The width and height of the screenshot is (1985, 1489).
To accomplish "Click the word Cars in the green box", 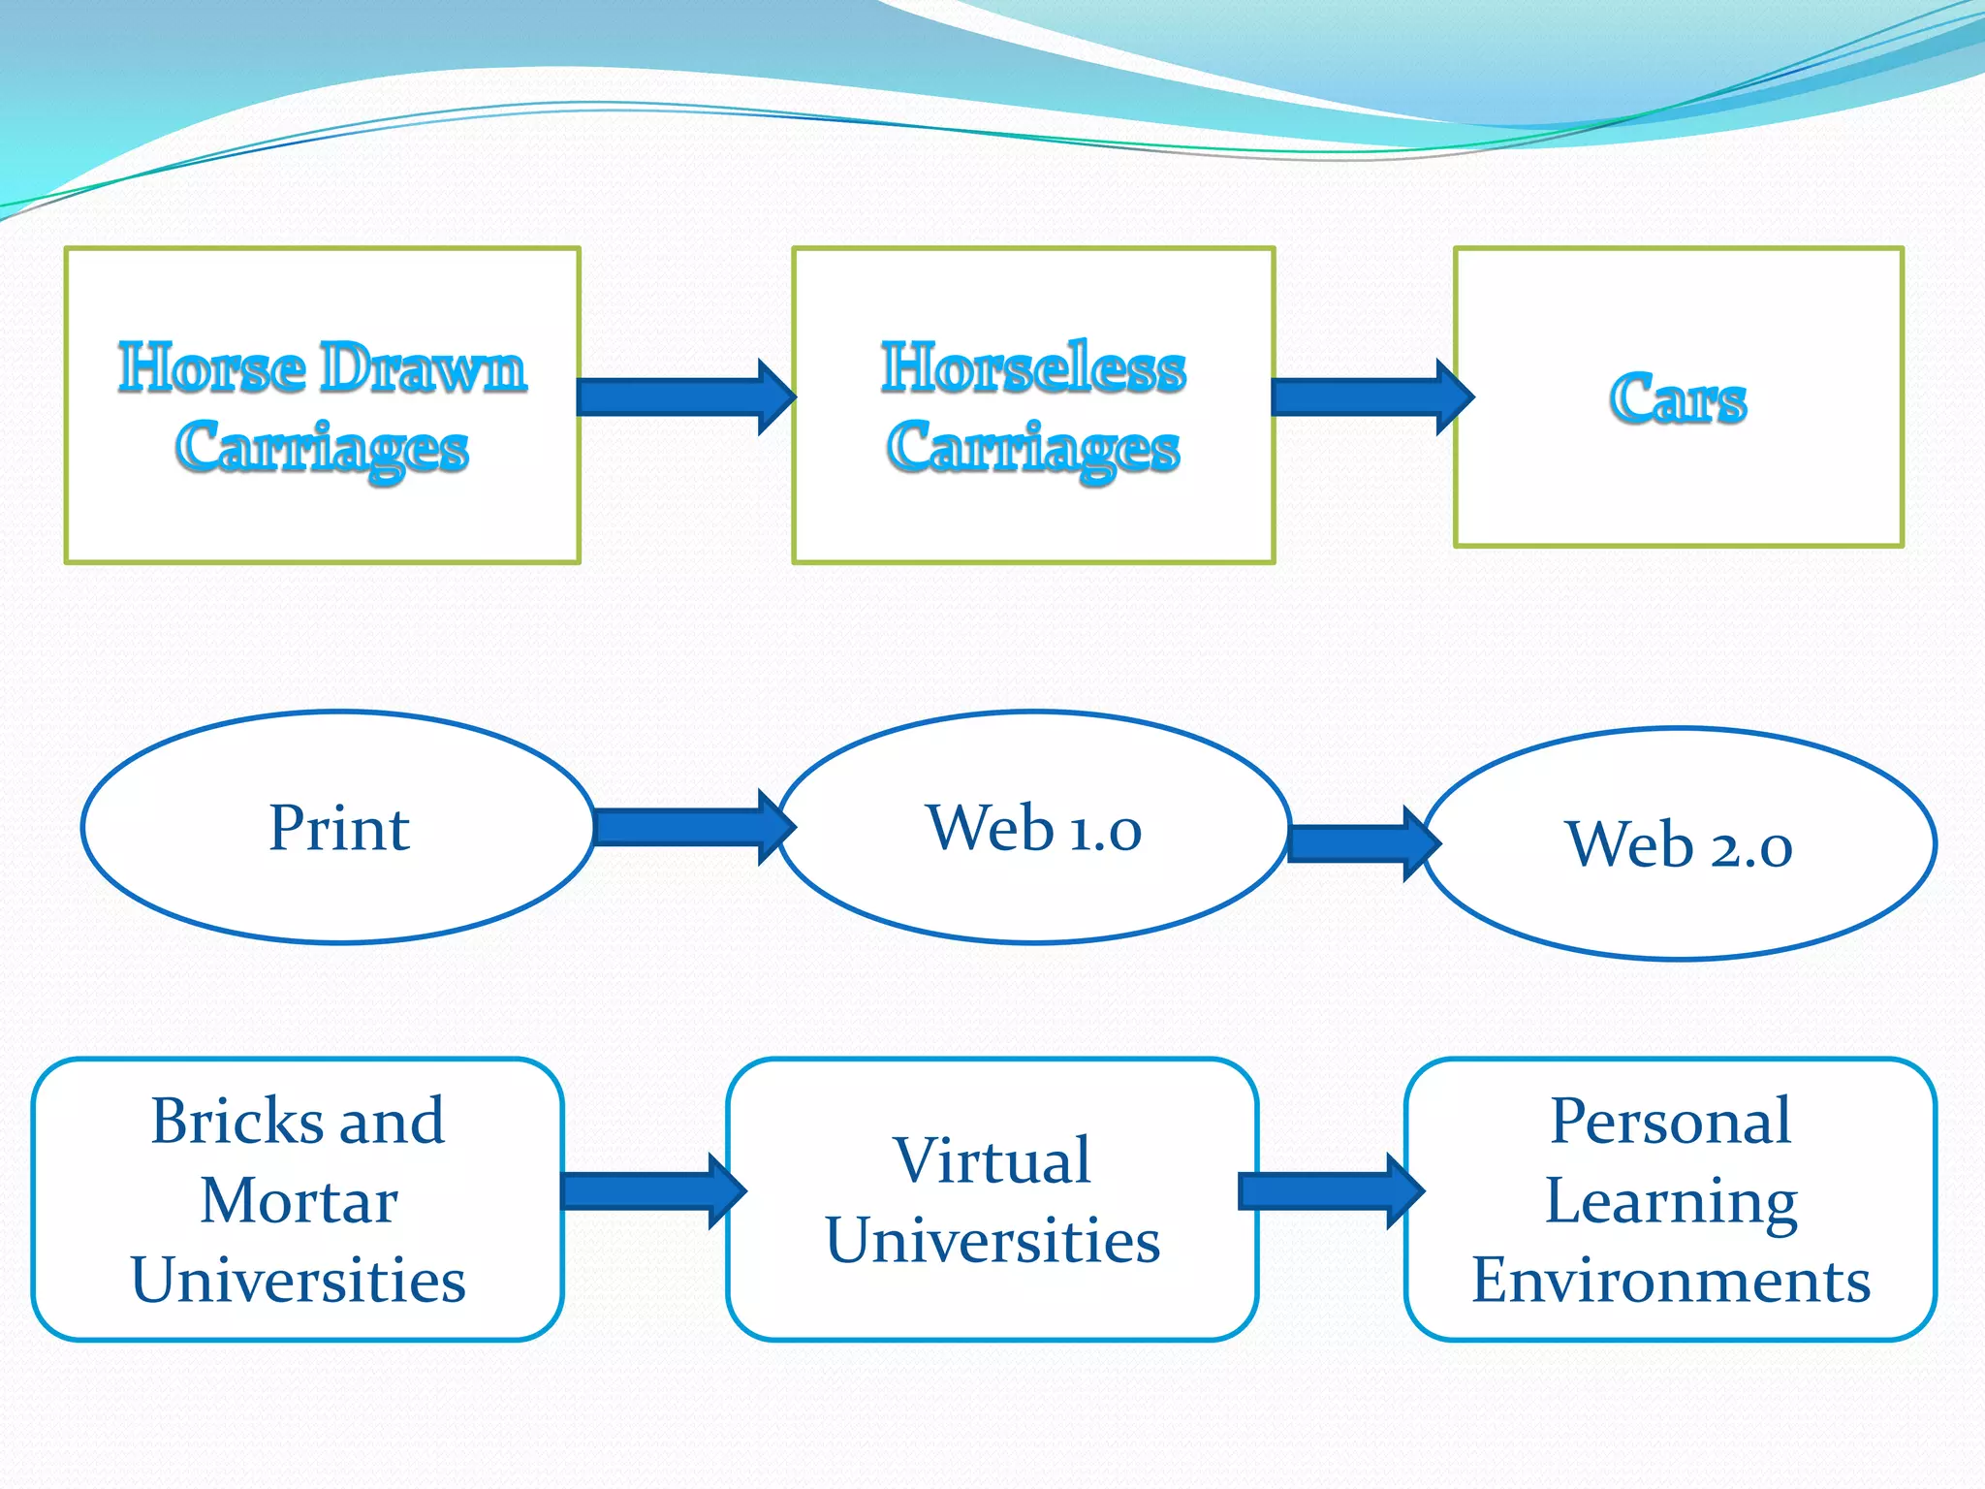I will pos(1678,398).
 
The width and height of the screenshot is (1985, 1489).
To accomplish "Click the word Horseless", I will pos(1033,368).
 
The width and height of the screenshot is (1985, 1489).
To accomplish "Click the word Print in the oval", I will pos(339,829).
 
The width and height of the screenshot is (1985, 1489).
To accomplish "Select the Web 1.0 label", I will pos(1033,829).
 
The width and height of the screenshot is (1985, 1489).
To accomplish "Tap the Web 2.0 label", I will pos(1679,845).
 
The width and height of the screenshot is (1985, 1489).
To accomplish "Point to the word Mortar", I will pos(299,1201).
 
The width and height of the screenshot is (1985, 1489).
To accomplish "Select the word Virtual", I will pos(992,1160).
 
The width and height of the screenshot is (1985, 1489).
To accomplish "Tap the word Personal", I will pos(1670,1122).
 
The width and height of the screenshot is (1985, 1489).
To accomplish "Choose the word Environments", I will pos(1670,1281).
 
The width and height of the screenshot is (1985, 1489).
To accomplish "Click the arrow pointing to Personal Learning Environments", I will pos(1329,1190).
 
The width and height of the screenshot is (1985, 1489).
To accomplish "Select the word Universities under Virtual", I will pos(992,1241).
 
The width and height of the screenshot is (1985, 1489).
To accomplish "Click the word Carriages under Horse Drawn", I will pos(322,448).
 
